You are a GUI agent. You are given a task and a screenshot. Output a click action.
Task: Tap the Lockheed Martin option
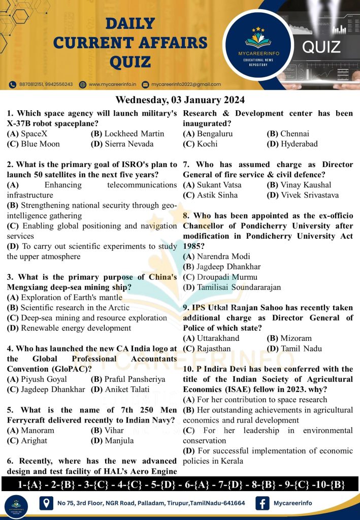[x=127, y=134]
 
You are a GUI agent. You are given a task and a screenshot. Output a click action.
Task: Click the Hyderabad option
[x=292, y=144]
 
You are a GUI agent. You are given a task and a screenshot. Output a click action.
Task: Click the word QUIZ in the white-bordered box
[x=321, y=47]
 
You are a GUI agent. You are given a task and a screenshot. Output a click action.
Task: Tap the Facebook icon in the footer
[x=263, y=503]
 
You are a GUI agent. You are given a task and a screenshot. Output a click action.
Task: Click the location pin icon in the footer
[x=47, y=503]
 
